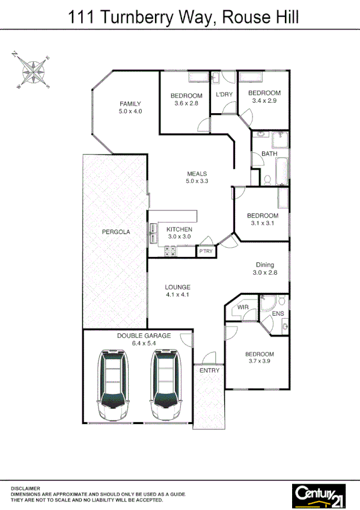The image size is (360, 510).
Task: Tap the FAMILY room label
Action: tap(130, 103)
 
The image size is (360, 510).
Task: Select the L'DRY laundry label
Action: tap(224, 95)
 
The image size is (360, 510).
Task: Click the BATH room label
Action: tap(269, 154)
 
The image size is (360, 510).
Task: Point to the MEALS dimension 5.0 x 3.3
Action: tap(196, 181)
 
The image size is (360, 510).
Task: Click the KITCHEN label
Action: tap(179, 229)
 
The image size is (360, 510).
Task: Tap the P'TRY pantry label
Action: tap(206, 251)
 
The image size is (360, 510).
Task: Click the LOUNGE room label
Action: tap(177, 287)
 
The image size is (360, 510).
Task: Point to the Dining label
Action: tap(265, 265)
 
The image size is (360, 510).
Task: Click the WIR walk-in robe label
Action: tap(243, 307)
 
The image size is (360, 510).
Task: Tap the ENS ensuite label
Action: tap(278, 313)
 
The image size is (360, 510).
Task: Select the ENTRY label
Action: tap(209, 370)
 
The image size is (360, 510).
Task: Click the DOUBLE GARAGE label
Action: tap(144, 336)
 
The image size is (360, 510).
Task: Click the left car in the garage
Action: tap(113, 385)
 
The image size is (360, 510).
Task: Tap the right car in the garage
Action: tap(166, 385)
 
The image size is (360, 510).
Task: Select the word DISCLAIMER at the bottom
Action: tap(25, 488)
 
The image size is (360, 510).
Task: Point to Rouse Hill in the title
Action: tap(260, 18)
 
